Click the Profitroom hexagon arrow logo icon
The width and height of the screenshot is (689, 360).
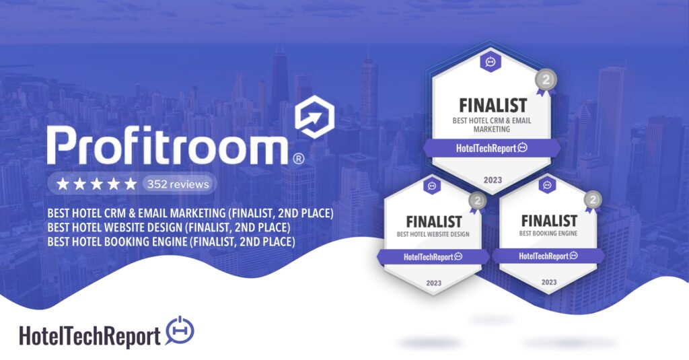(x=314, y=116)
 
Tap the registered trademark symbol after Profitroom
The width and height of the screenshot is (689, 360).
(x=298, y=158)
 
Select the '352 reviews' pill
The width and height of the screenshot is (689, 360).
(x=178, y=184)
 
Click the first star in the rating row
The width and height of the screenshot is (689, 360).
(x=63, y=184)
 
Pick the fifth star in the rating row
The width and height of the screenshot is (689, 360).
(x=131, y=184)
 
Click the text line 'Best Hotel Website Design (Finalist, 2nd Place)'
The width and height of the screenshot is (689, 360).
(x=169, y=227)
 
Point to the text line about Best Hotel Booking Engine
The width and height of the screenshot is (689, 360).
(x=172, y=242)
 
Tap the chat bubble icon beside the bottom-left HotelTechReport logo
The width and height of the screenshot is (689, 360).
(x=180, y=330)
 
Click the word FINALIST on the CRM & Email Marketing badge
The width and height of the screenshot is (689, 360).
(x=493, y=106)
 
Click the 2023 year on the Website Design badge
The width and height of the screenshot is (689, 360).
(x=434, y=283)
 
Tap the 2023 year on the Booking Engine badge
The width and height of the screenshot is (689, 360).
(x=549, y=282)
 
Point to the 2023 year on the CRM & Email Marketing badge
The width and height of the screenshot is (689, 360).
(x=493, y=180)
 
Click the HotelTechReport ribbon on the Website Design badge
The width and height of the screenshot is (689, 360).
(x=433, y=257)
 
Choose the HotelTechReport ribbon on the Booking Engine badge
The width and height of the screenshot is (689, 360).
(x=548, y=256)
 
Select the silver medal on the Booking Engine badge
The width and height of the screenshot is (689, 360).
(x=592, y=201)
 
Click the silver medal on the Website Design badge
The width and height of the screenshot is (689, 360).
(x=477, y=202)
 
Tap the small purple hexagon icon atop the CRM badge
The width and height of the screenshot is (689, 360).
(x=491, y=62)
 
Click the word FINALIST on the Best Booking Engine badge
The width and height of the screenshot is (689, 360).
(x=549, y=221)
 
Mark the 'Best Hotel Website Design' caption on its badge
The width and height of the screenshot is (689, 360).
(x=433, y=234)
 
